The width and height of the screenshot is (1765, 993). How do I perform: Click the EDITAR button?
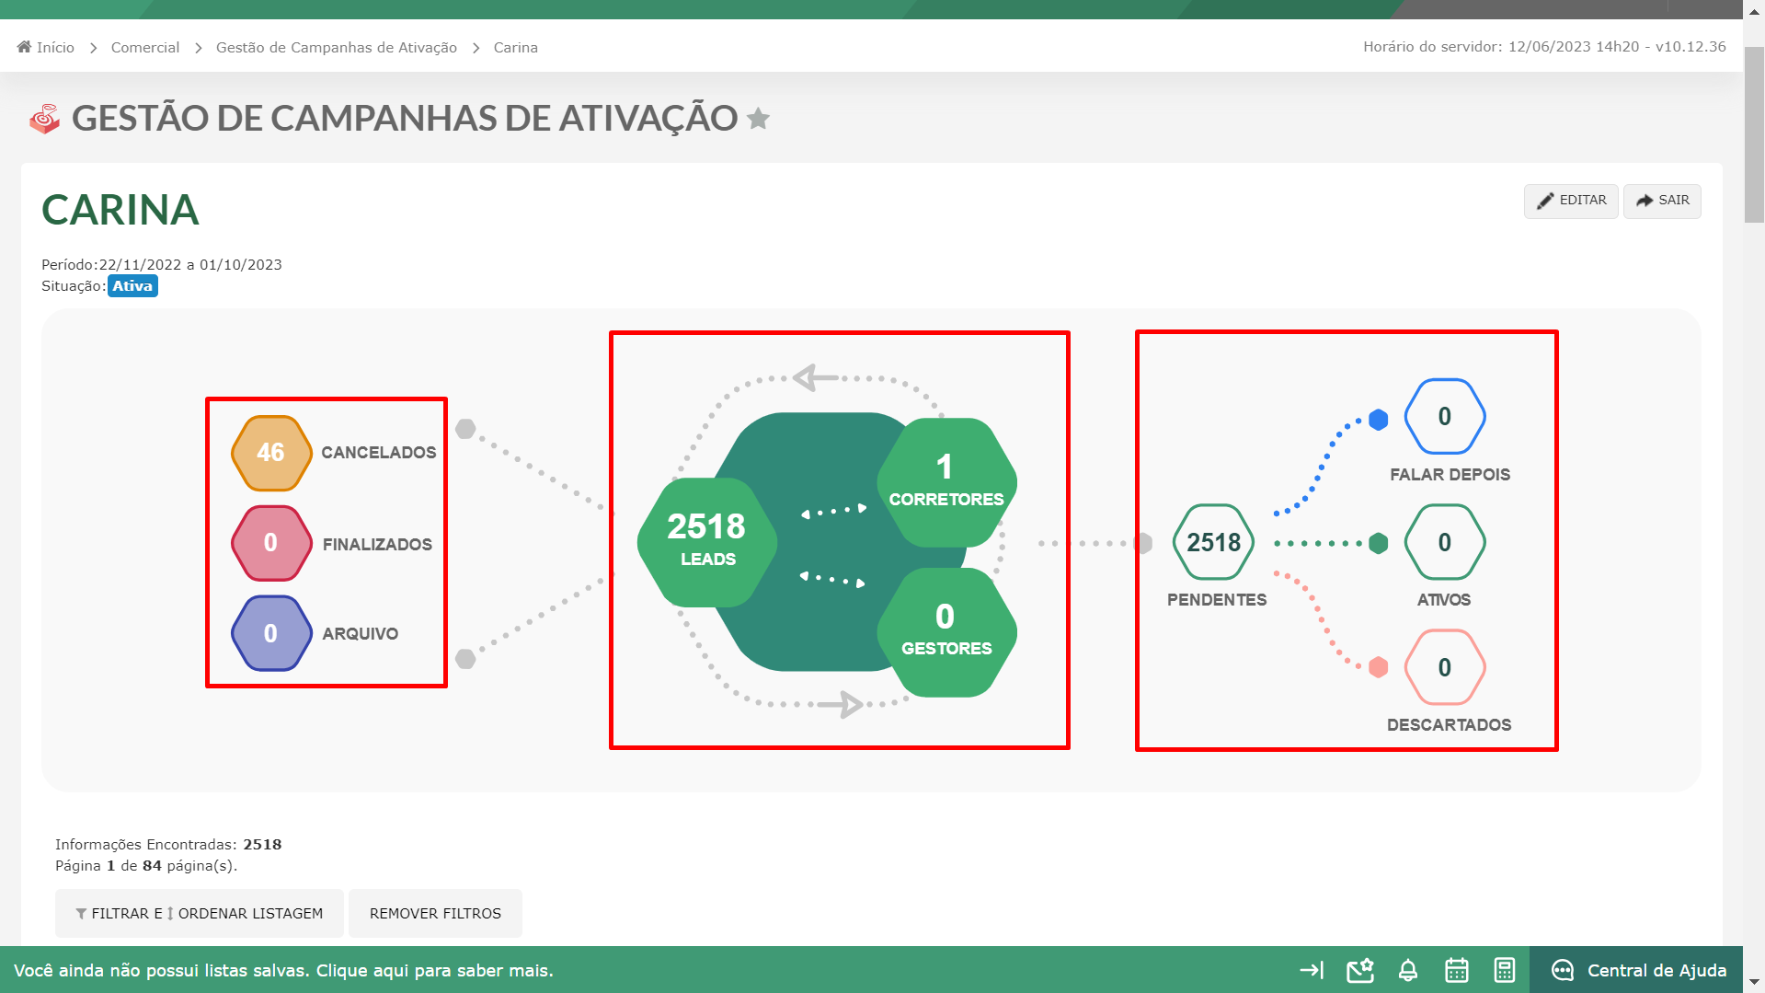click(1571, 201)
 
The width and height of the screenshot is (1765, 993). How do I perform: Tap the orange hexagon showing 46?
click(270, 453)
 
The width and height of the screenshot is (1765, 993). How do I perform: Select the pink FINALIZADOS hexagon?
click(270, 543)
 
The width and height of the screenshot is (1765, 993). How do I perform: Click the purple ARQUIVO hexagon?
click(270, 633)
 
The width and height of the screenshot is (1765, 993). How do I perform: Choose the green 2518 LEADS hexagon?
click(706, 542)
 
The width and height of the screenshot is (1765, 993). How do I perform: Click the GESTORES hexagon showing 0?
click(946, 632)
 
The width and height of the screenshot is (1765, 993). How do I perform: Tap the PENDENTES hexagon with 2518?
click(1214, 542)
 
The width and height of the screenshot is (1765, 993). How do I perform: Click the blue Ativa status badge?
click(132, 286)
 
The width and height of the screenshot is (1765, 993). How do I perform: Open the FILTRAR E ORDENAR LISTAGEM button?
click(200, 913)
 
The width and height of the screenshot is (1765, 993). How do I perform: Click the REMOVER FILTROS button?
click(435, 913)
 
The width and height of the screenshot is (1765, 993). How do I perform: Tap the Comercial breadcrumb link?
click(145, 47)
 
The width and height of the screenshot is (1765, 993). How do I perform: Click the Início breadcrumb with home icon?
click(46, 47)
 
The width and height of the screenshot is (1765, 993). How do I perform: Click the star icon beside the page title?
click(759, 119)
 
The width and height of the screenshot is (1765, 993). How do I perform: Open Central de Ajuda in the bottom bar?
click(1638, 970)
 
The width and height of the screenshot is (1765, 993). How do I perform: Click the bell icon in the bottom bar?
click(1408, 970)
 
